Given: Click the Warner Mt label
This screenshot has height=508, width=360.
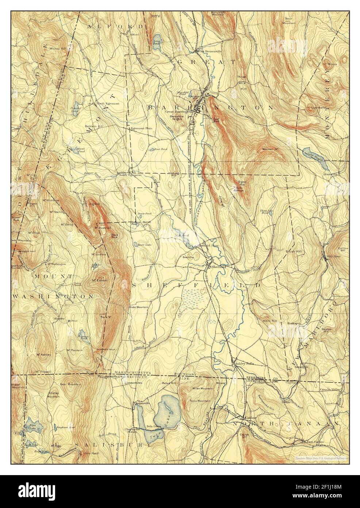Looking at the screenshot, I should click(x=271, y=149).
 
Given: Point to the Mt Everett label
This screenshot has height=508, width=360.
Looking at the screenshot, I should click(x=99, y=280).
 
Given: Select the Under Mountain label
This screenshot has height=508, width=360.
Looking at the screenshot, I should click(x=138, y=307).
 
